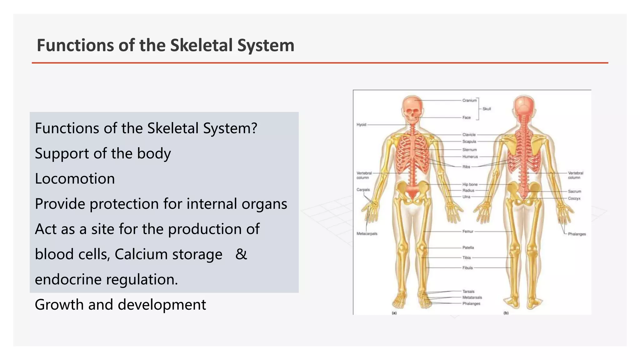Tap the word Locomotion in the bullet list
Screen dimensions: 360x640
(x=75, y=179)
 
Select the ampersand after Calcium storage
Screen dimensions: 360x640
(x=241, y=254)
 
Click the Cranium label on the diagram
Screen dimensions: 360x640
(x=469, y=101)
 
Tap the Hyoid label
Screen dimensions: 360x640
(x=361, y=125)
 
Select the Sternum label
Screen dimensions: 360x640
(x=469, y=150)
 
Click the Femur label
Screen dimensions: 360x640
(x=468, y=232)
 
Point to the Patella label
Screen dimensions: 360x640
(x=468, y=248)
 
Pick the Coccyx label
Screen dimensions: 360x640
(x=574, y=199)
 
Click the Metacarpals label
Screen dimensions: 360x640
(x=367, y=234)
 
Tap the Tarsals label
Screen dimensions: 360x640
(x=468, y=292)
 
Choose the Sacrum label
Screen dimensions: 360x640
(x=574, y=191)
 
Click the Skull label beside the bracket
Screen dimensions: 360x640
(x=487, y=109)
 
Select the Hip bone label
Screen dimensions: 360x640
(x=470, y=185)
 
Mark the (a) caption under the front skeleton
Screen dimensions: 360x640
(x=394, y=313)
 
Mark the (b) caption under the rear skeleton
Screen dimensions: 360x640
(x=506, y=313)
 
